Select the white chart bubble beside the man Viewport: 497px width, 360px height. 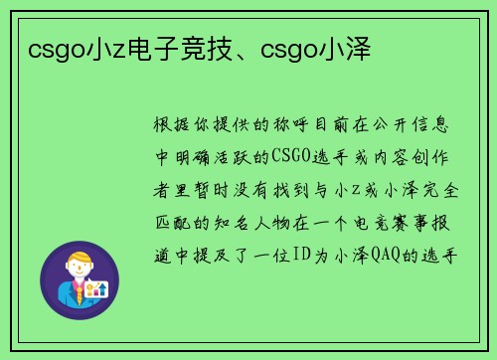pyautogui.click(x=96, y=288)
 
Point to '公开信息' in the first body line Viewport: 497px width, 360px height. pyautogui.click(x=421, y=126)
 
